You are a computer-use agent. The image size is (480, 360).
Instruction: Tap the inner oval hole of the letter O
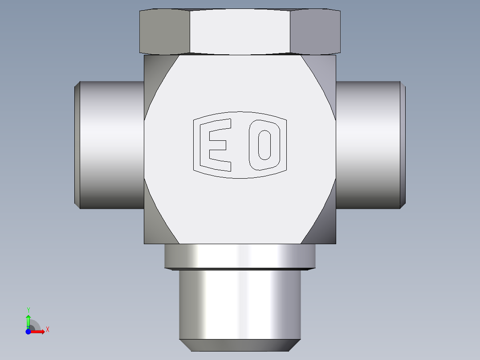point(264,145)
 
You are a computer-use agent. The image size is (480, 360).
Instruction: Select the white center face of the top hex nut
point(240,32)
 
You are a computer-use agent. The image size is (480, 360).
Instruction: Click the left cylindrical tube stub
point(112,145)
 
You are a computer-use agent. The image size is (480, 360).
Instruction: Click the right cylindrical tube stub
point(368,145)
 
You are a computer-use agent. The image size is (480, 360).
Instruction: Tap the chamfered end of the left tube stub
point(77,145)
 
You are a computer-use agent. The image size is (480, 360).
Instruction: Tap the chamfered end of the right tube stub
point(403,145)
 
